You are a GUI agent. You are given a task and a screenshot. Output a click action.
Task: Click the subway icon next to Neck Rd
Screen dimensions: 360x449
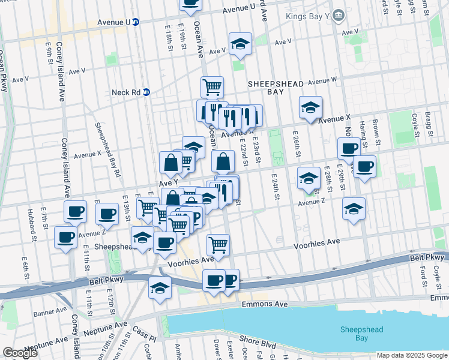[x=146, y=92]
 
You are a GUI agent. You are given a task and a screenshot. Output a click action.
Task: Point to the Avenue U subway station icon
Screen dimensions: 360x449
[x=136, y=22]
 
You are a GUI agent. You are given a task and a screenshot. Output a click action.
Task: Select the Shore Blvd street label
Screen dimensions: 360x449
[x=259, y=346]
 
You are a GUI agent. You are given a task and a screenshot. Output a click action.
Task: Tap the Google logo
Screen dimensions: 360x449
[x=20, y=353]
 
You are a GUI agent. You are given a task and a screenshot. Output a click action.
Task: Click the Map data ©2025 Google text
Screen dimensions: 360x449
[x=411, y=355]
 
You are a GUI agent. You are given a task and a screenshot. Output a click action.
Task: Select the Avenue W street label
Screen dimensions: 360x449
[x=322, y=80]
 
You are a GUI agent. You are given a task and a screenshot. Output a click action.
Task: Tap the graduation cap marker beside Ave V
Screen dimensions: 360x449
[x=240, y=44]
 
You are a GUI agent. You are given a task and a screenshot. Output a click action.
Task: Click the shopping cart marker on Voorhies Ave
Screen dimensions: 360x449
[x=218, y=245]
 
